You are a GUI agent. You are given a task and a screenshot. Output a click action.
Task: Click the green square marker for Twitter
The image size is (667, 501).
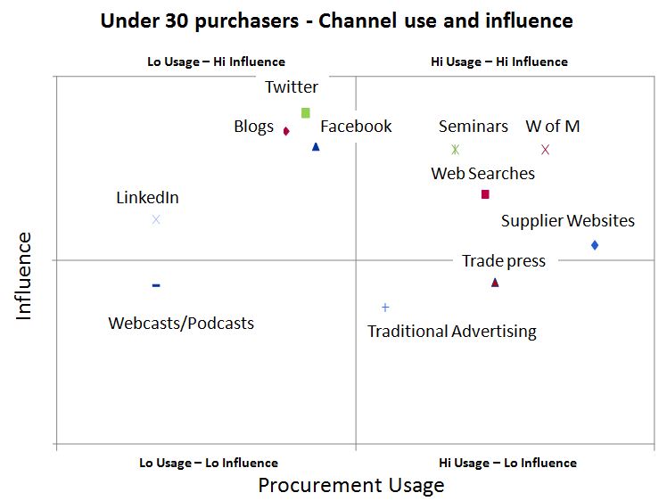[x=305, y=113]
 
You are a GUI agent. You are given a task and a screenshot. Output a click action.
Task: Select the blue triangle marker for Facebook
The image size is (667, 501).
[x=316, y=146]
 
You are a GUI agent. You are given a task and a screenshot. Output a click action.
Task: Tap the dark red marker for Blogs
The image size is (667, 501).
[x=286, y=131]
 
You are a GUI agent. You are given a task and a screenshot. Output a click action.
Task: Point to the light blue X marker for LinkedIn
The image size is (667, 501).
[x=156, y=219]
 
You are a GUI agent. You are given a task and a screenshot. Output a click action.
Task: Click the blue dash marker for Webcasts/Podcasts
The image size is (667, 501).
[x=156, y=285]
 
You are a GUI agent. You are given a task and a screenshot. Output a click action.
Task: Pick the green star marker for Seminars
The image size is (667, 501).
[x=455, y=150]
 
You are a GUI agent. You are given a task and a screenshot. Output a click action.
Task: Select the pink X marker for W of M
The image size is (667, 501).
[x=546, y=150]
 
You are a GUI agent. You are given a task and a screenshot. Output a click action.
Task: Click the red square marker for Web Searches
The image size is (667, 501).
[x=485, y=194]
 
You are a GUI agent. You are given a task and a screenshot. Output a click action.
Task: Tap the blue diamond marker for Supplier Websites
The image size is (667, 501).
[x=595, y=245]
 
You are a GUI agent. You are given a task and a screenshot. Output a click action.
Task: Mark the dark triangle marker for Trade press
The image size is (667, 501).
[x=495, y=283]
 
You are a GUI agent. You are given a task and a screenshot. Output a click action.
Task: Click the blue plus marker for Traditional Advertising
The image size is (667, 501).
[x=385, y=308]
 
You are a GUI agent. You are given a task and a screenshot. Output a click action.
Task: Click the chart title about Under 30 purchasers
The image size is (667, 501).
[x=337, y=21]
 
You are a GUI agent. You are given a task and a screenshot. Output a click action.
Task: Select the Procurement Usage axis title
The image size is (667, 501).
[x=350, y=486]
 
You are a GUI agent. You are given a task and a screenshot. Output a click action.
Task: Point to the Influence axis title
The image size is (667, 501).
[x=23, y=275]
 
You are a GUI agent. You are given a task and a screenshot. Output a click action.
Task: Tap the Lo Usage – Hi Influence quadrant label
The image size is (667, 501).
[x=216, y=62]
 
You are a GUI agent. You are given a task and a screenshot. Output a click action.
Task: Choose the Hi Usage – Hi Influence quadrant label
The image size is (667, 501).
[x=498, y=62]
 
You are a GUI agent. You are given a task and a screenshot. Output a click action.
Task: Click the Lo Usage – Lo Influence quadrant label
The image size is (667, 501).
[x=209, y=463]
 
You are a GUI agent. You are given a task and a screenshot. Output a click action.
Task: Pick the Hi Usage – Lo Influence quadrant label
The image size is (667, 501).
[x=507, y=463]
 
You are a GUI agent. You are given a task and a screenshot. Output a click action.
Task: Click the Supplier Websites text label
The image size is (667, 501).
[x=568, y=221]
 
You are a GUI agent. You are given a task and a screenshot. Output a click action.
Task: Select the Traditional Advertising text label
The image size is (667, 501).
[x=452, y=332]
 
